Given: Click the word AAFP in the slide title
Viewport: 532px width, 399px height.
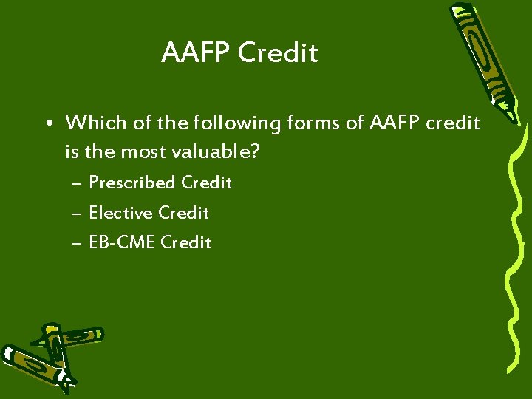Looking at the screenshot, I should [x=196, y=53].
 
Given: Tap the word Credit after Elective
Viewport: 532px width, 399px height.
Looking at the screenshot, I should [x=184, y=213].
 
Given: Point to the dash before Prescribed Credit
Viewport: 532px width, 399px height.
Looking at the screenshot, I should [x=77, y=183].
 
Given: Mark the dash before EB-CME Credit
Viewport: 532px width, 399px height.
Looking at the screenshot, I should [x=77, y=242].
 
